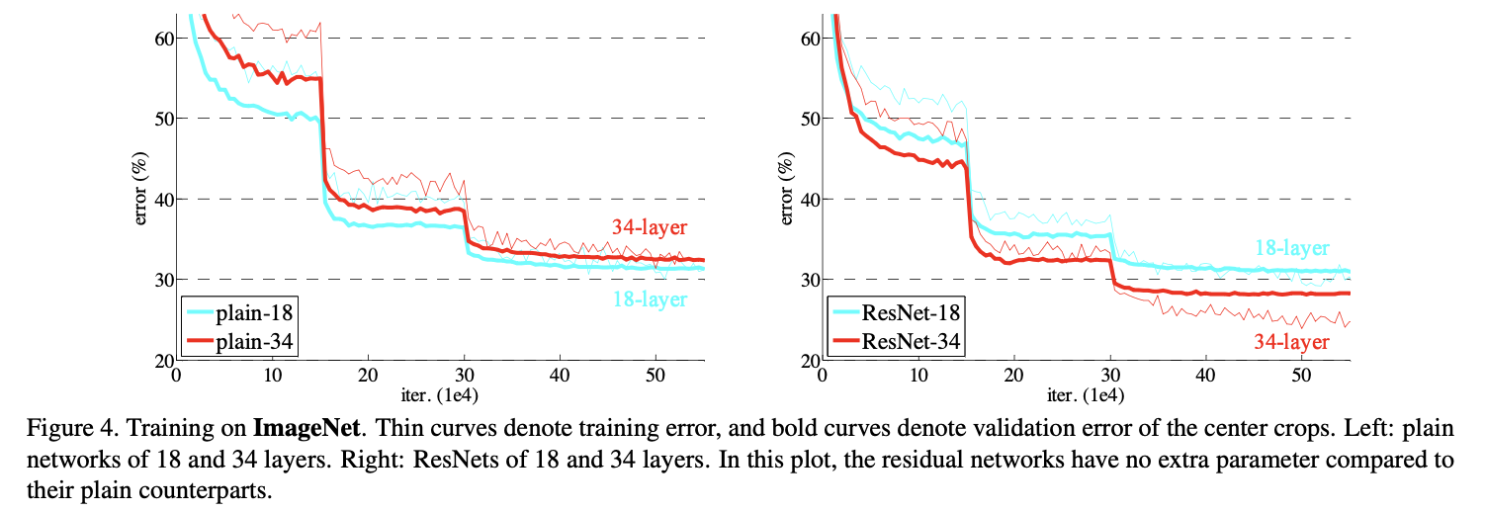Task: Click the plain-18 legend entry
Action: point(239,312)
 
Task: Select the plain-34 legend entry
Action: point(239,342)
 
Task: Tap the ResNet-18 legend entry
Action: point(895,312)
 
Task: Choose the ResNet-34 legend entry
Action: point(895,342)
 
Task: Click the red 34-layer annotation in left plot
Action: point(650,227)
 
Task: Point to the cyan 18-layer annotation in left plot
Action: point(650,299)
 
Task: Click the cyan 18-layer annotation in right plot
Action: point(1292,248)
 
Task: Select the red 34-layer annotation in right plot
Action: point(1292,342)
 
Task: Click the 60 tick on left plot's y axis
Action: point(164,39)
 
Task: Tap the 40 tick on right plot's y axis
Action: point(811,200)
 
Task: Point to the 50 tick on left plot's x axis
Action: point(655,376)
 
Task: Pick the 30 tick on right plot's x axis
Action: point(1110,376)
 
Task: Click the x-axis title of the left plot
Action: point(440,395)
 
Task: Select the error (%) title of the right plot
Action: point(786,189)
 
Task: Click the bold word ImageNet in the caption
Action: point(306,429)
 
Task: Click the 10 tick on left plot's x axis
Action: point(273,376)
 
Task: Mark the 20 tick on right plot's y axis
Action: point(811,361)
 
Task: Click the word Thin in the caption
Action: point(401,429)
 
